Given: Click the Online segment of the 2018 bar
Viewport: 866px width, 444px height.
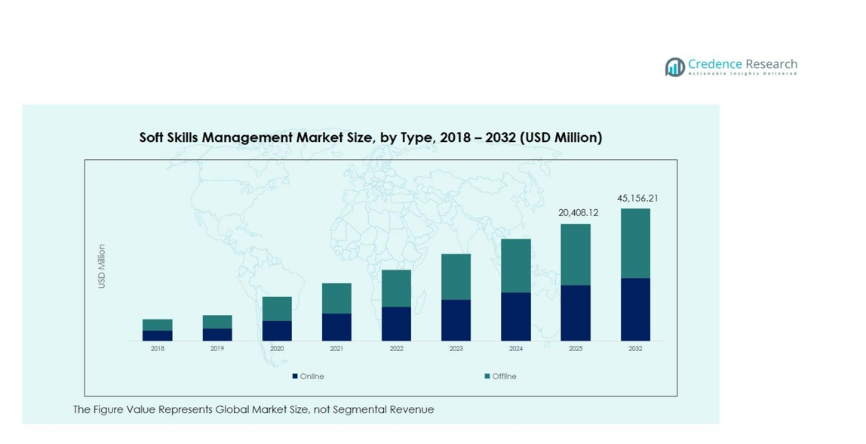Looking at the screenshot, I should (x=157, y=335).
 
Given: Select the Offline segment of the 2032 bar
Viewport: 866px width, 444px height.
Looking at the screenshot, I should (x=635, y=243).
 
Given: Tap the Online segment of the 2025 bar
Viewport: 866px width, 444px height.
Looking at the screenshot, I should (x=576, y=313).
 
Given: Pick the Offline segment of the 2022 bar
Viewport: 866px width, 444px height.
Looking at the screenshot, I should (x=396, y=288).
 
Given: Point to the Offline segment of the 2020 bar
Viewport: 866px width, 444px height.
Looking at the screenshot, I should (x=277, y=308).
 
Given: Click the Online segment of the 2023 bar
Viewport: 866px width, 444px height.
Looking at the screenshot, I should (x=456, y=320).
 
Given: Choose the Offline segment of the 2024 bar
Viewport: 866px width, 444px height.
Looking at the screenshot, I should (x=516, y=265).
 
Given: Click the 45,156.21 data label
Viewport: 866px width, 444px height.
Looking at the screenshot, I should (x=637, y=199).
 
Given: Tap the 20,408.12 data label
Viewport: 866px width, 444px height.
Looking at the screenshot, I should (x=578, y=213).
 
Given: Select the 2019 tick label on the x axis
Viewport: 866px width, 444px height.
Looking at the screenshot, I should (x=217, y=349).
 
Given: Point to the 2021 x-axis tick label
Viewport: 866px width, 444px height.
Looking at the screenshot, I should (x=336, y=349).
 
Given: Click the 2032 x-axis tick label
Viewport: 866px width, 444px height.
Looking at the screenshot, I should (x=635, y=349).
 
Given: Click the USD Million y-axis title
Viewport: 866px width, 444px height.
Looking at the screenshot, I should (x=102, y=266).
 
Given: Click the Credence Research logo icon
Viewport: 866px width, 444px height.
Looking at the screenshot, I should (x=674, y=67).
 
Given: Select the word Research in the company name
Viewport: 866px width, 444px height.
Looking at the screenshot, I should (x=771, y=64).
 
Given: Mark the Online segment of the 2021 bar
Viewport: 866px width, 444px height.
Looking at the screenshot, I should (x=336, y=327).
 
